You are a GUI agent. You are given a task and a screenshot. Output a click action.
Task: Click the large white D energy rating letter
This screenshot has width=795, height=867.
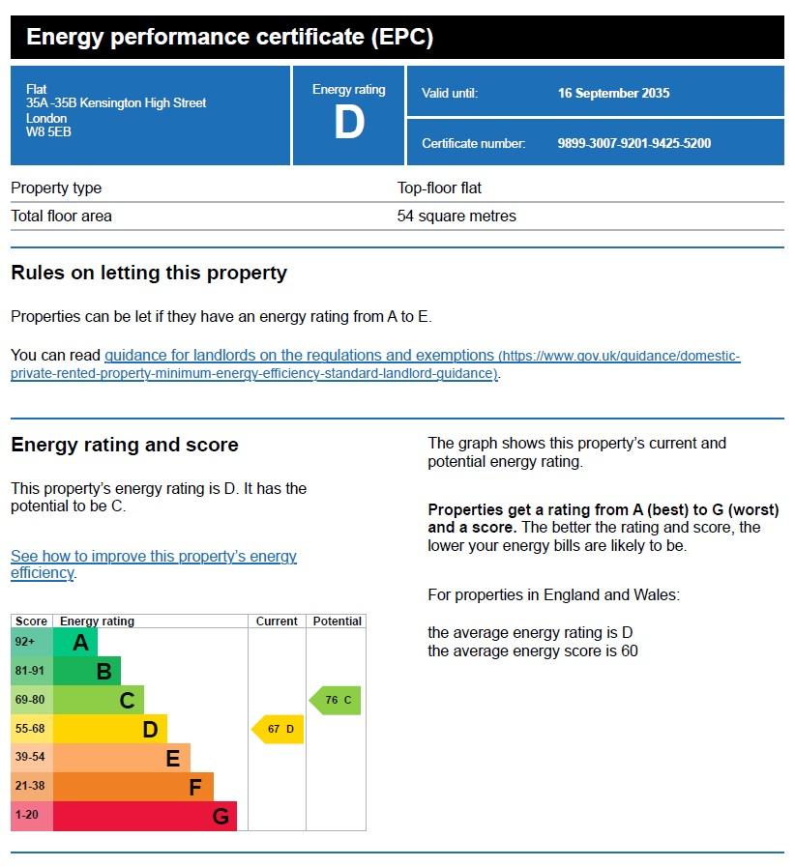coord(348,123)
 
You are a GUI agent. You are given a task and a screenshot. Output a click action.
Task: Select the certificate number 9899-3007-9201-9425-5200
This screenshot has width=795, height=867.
coord(633,143)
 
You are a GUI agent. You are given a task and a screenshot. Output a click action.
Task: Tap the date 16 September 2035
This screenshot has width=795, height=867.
coord(613,94)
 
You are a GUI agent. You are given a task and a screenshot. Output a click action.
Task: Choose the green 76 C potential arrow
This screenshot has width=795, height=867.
coord(336,700)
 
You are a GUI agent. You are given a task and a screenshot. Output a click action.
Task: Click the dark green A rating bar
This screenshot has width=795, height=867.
coord(75,642)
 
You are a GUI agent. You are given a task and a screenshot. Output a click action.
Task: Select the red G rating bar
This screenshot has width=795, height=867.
coord(145,816)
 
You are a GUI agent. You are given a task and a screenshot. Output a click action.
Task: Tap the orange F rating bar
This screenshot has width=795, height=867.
coord(133,787)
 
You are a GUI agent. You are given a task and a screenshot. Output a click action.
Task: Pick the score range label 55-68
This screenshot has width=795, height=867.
coord(31,729)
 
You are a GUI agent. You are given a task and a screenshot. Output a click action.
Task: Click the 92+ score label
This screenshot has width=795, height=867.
coord(25,642)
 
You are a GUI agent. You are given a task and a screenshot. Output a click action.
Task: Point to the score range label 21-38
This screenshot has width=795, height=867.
coord(31,787)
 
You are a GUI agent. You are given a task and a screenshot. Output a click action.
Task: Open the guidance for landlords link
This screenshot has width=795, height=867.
coord(300,356)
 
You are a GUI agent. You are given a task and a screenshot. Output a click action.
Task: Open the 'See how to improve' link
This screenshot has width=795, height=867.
coord(154,557)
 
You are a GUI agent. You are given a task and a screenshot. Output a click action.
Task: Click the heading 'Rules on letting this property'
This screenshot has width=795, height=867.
coord(149,273)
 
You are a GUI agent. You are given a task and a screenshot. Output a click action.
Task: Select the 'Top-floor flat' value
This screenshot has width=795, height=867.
coord(439,188)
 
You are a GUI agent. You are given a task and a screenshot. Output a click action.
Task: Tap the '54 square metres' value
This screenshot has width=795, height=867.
coord(456,216)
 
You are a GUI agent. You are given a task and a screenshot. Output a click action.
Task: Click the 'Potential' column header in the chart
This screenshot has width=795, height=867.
coord(337,621)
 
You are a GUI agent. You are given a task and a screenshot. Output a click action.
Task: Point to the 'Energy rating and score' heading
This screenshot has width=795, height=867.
coord(125,445)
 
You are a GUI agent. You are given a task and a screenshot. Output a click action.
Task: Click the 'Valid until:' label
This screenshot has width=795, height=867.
coord(450,94)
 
